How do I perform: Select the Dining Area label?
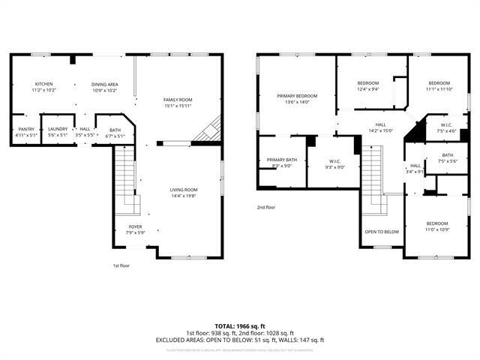(105, 84)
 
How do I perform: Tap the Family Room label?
(178, 100)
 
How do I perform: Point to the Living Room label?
(183, 190)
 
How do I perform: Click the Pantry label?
(25, 128)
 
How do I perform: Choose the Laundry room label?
(58, 128)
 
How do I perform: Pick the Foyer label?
(135, 226)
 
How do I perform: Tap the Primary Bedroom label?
(297, 96)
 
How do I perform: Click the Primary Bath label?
(282, 160)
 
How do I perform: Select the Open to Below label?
(382, 232)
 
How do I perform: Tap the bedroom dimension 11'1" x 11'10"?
(439, 89)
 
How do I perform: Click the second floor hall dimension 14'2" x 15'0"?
(381, 130)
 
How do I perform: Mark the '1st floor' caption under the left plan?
(122, 265)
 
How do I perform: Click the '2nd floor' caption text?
(266, 207)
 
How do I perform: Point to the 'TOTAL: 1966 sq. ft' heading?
(240, 325)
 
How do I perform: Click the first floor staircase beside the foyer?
(126, 176)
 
